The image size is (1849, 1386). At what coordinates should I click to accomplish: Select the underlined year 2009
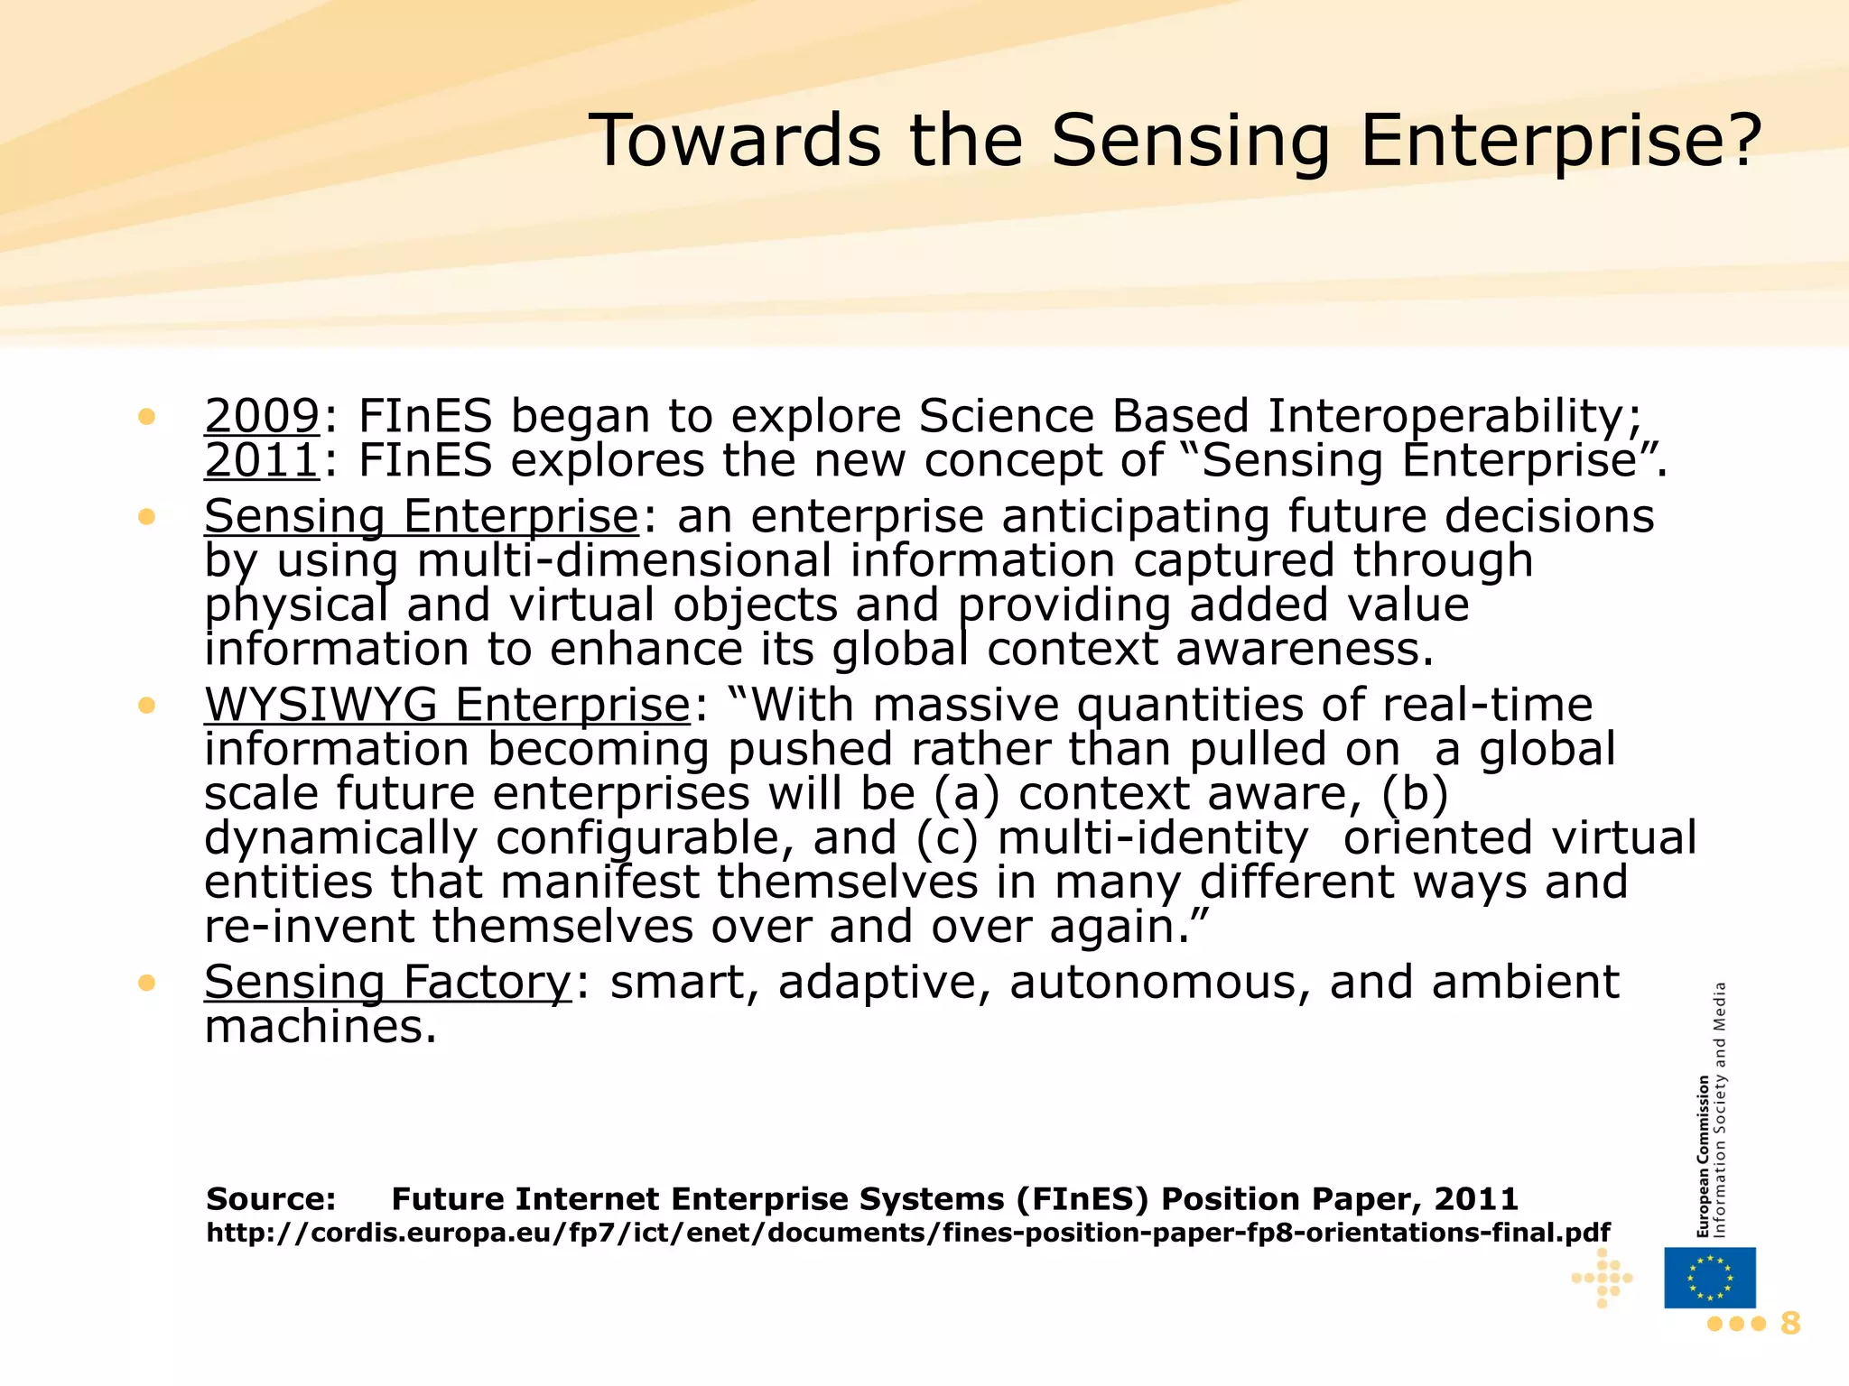point(262,416)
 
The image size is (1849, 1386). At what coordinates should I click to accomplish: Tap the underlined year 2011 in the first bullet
point(262,460)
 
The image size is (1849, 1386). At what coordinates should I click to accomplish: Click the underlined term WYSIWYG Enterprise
point(447,705)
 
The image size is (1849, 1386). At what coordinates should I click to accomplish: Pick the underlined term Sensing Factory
point(387,982)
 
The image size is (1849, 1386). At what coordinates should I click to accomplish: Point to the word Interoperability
point(1454,416)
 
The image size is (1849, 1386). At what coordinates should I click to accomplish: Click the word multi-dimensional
point(624,560)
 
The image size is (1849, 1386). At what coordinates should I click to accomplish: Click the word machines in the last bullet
point(321,1026)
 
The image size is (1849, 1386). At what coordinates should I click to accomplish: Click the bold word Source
point(271,1199)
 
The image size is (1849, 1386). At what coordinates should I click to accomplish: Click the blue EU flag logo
point(1709,1277)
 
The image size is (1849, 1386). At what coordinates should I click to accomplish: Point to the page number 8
point(1789,1324)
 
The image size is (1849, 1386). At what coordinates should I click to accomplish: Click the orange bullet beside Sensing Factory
point(147,983)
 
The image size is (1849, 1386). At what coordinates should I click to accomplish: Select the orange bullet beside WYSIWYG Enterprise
point(147,706)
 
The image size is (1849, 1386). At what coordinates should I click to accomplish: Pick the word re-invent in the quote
point(310,927)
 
